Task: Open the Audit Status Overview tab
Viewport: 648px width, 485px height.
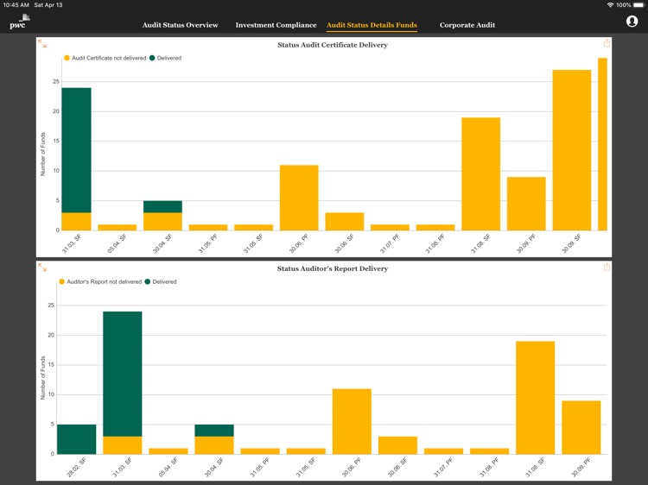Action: pos(180,25)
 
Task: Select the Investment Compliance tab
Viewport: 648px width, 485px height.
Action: pos(276,25)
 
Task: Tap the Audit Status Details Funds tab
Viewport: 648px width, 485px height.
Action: pos(372,25)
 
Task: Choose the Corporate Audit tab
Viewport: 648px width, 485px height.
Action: pos(467,25)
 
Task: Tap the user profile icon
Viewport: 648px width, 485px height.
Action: pos(632,22)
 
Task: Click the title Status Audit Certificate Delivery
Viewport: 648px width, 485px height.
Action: pos(332,45)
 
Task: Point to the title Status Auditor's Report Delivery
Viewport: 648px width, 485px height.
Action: pos(332,268)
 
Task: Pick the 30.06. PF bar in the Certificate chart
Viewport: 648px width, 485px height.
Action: pos(299,198)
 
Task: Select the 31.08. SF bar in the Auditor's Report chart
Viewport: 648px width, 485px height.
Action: pos(535,397)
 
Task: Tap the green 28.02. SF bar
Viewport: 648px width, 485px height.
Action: pos(76,439)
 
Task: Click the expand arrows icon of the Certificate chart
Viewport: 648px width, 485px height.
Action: pos(42,44)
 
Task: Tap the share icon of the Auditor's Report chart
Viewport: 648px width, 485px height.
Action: pos(607,268)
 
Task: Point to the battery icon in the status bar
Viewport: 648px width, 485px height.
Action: pos(638,5)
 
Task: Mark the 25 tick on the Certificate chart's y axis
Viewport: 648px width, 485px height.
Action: pos(55,82)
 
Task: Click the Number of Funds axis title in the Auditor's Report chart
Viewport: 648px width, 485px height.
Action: pos(43,378)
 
